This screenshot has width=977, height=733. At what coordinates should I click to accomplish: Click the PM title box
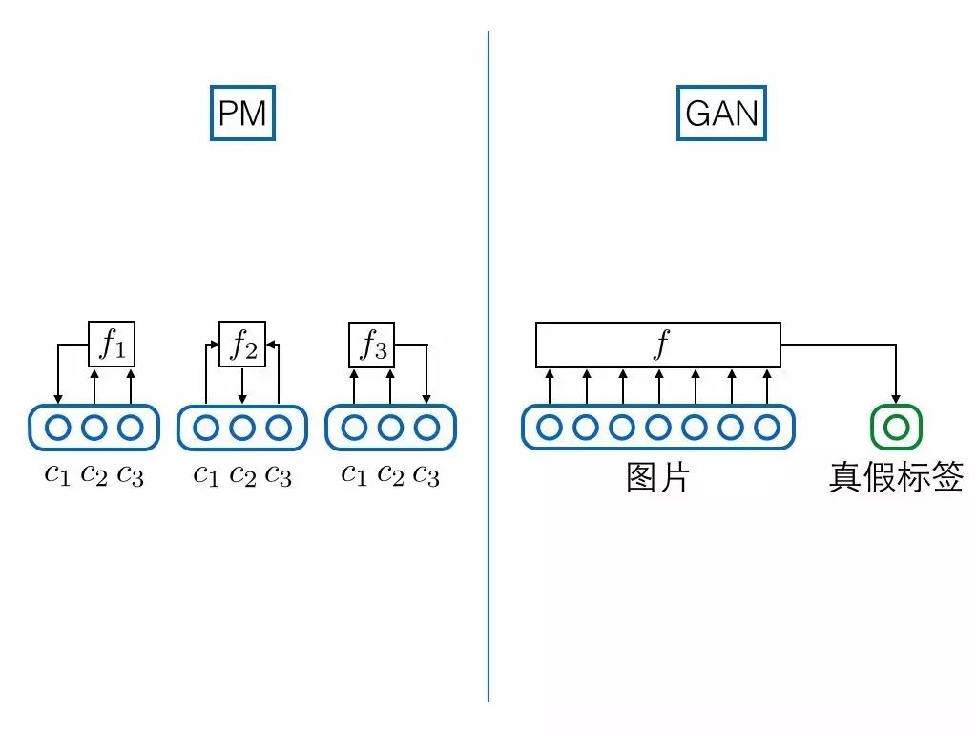[242, 114]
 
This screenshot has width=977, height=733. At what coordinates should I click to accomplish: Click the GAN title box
[721, 114]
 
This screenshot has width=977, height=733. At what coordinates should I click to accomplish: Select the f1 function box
[112, 344]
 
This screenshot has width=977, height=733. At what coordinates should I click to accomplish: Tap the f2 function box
[242, 344]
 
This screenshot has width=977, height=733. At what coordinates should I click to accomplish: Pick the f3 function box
[372, 344]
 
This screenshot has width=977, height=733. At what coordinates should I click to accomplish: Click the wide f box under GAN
[658, 345]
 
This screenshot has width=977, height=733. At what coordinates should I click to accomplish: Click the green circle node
[896, 428]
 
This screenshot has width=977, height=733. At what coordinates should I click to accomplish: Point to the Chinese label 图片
[657, 476]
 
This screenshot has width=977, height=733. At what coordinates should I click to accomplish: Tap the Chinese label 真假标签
[896, 476]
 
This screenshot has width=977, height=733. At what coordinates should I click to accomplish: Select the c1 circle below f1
[57, 428]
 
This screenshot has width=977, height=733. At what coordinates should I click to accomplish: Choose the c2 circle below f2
[242, 428]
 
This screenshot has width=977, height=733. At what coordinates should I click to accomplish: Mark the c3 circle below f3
[426, 428]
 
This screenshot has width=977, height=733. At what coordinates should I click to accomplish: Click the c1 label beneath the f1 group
[57, 474]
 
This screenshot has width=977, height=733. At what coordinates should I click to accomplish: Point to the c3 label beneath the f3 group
[426, 474]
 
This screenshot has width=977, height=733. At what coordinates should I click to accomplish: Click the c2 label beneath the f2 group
[242, 474]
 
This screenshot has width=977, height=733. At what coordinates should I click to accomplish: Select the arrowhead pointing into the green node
[896, 397]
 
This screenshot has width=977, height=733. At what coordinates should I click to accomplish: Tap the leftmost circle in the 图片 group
[550, 428]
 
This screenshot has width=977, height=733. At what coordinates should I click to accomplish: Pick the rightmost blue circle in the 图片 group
[767, 428]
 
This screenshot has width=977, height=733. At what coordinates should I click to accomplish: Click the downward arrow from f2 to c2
[242, 386]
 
